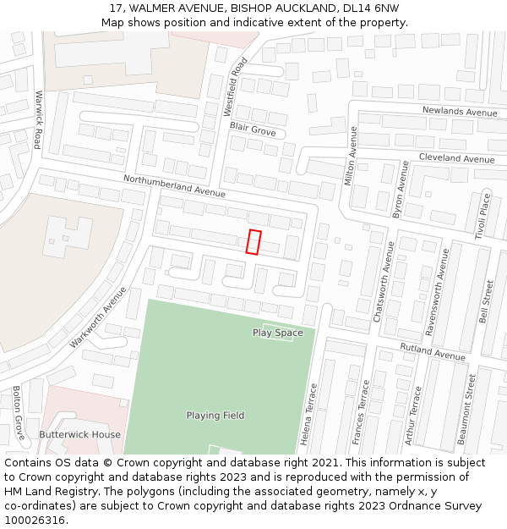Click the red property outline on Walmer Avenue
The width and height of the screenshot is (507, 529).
[253, 242]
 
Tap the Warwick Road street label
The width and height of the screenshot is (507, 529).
[38, 119]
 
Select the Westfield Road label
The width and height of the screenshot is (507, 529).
[235, 87]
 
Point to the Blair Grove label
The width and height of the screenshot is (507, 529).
[253, 129]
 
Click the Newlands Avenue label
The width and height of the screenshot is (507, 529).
[460, 112]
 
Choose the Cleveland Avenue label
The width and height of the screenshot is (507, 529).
[456, 159]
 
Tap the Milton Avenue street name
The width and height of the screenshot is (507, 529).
[352, 156]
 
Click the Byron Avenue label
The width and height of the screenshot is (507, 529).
[400, 190]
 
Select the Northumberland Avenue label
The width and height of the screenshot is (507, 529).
[174, 185]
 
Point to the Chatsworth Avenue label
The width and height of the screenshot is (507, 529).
[384, 282]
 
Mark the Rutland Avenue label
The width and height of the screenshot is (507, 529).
[433, 352]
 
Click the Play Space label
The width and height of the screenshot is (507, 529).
[277, 333]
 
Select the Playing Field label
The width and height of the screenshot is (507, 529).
[215, 416]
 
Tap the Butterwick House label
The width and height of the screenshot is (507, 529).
[79, 434]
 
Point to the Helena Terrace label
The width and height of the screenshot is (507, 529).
[309, 415]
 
